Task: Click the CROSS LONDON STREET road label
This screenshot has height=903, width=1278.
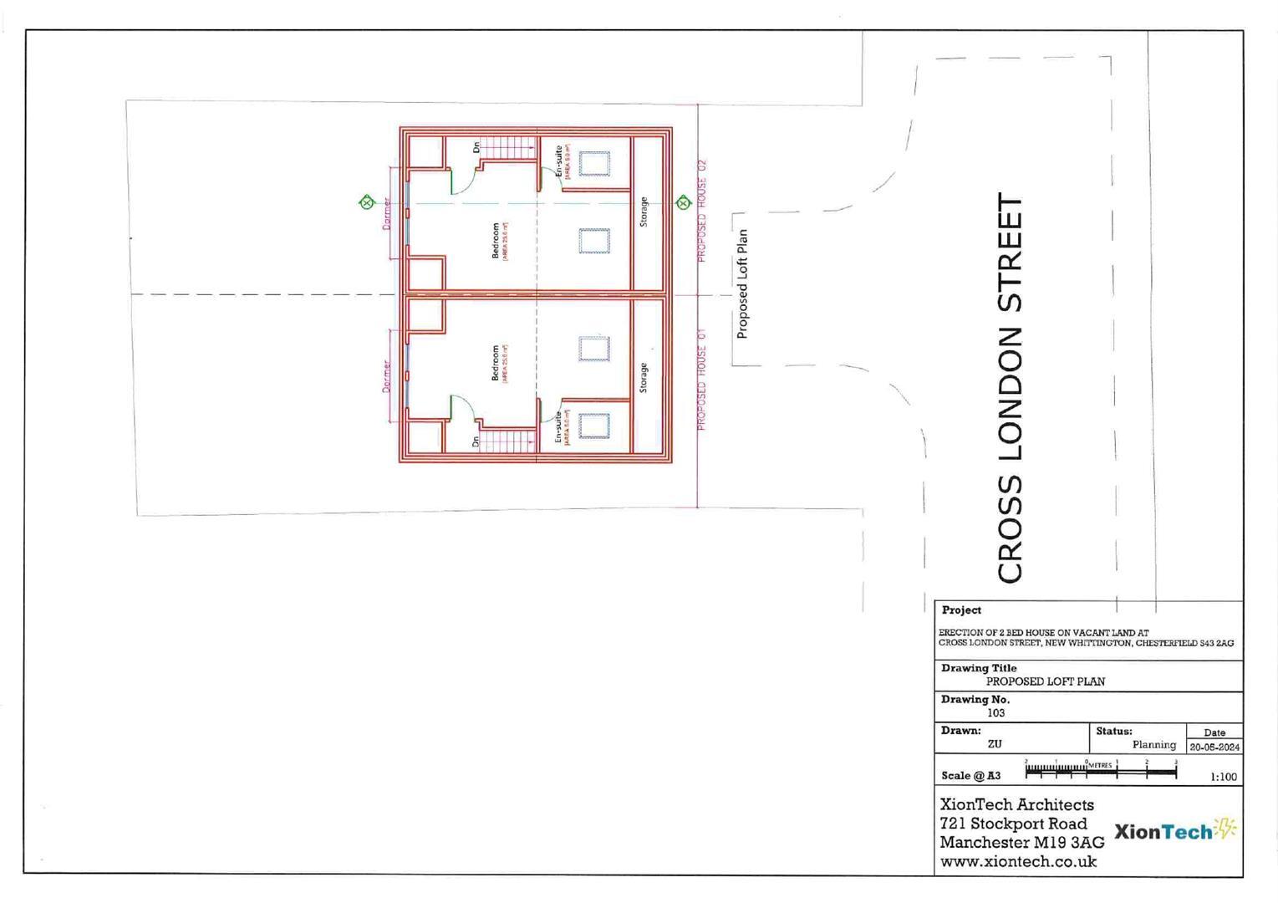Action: [1011, 388]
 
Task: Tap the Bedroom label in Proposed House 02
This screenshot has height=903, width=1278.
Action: [496, 240]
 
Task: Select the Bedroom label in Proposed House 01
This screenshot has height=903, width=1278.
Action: [496, 363]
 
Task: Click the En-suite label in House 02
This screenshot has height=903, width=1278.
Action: [559, 161]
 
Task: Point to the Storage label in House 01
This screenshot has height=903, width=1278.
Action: [644, 378]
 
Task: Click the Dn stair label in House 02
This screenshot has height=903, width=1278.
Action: [476, 147]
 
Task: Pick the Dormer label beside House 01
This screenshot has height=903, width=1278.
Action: [386, 376]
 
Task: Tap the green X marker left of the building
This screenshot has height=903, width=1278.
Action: [366, 202]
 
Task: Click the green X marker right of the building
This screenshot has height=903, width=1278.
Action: [683, 202]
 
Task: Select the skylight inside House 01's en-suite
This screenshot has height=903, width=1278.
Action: [594, 426]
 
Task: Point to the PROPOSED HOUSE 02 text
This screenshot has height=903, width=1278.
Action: [702, 211]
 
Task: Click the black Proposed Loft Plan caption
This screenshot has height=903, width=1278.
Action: [742, 284]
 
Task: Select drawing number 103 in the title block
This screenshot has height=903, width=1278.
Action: [995, 713]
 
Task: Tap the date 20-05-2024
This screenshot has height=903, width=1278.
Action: [1214, 747]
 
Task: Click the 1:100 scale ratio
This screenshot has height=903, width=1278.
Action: [1223, 777]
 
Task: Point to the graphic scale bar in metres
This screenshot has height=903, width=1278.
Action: [1101, 770]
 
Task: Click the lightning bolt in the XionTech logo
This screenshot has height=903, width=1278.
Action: [1226, 828]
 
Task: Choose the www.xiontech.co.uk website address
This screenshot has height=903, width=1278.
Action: [1018, 861]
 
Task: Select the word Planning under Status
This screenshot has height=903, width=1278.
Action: [1153, 744]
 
